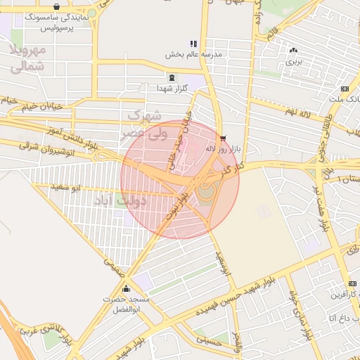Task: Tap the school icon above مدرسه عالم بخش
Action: [193, 44]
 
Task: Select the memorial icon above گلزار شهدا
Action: [172, 77]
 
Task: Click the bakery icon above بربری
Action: [293, 50]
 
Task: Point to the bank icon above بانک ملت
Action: [345, 89]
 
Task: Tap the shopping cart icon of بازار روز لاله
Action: [224, 139]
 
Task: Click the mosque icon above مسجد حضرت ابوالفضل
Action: [126, 288]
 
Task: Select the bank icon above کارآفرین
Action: [352, 284]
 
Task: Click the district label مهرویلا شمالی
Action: [29, 59]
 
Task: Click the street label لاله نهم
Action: [298, 112]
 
